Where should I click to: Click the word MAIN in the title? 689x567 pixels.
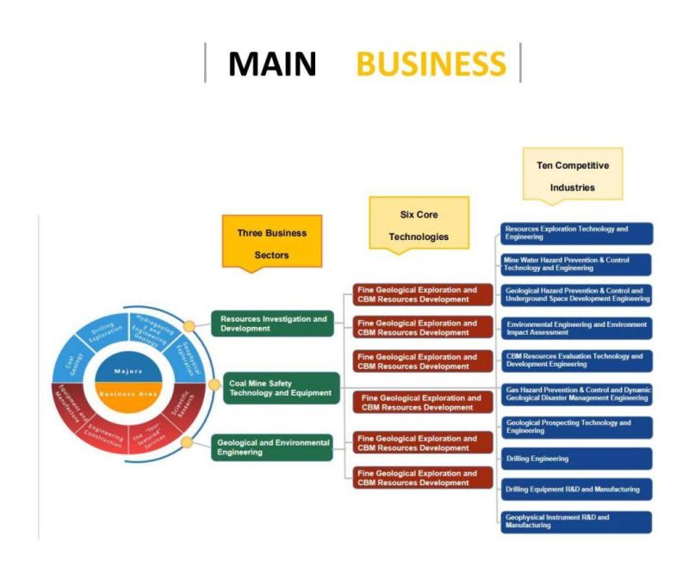click(272, 64)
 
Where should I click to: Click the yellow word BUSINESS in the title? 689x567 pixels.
click(431, 64)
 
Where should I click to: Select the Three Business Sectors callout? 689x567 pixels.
click(272, 243)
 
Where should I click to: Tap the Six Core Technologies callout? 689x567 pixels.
click(419, 225)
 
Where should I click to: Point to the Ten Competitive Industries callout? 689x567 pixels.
click(573, 176)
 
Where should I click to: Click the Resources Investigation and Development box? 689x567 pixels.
click(272, 324)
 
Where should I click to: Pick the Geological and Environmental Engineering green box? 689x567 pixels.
click(272, 447)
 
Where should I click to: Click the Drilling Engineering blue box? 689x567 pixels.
click(576, 459)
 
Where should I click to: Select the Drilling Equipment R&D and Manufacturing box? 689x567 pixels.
click(576, 490)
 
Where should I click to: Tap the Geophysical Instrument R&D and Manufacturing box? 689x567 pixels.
click(576, 521)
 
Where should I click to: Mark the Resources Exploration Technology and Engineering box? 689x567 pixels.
click(576, 233)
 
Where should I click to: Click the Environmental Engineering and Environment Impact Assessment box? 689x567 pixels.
click(576, 328)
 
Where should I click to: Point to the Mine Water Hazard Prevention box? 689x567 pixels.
click(576, 264)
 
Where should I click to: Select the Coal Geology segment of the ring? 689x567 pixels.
click(76, 360)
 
